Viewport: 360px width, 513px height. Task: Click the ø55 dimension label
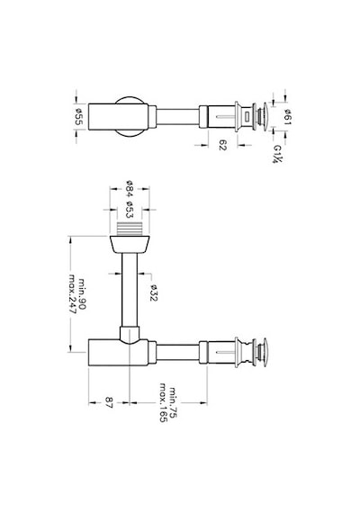coord(79,117)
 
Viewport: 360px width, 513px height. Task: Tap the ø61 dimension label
coord(288,117)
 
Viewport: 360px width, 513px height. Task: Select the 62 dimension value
coord(222,145)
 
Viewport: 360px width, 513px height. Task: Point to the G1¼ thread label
coord(277,154)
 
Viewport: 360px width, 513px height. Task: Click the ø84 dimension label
coord(130,188)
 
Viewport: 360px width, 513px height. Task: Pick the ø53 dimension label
coord(130,210)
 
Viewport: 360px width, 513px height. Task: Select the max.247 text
coord(72,293)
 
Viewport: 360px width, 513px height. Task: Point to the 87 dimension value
coord(109,402)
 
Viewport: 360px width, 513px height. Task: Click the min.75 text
coord(173,402)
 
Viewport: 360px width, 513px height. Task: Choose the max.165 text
coord(163,402)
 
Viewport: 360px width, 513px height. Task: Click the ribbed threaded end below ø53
coord(130,229)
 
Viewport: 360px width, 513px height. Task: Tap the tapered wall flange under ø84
coord(130,244)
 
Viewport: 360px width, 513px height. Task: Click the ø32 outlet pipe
coord(130,290)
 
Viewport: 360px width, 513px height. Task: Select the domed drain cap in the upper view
coord(265,117)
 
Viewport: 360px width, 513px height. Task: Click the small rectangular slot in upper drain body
coord(246,117)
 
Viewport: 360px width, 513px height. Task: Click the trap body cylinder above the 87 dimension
coord(119,353)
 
